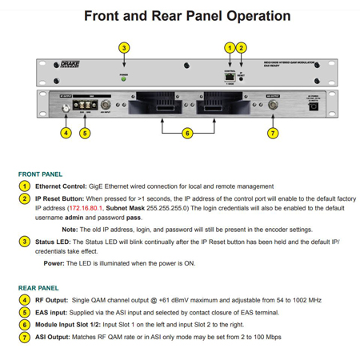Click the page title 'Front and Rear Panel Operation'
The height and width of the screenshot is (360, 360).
(x=187, y=15)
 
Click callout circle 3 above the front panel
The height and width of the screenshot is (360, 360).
(x=124, y=49)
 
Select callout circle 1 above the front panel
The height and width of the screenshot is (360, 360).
(x=230, y=49)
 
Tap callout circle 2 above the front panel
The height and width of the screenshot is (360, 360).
(x=242, y=49)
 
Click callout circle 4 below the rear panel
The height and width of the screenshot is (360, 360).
(x=66, y=133)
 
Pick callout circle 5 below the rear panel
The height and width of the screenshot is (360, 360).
(x=85, y=133)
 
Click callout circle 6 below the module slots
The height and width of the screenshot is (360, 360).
(x=187, y=133)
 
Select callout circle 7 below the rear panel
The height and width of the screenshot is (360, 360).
(x=273, y=133)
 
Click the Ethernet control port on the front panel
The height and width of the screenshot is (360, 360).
(x=230, y=78)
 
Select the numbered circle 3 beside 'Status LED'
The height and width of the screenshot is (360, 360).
(x=26, y=242)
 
